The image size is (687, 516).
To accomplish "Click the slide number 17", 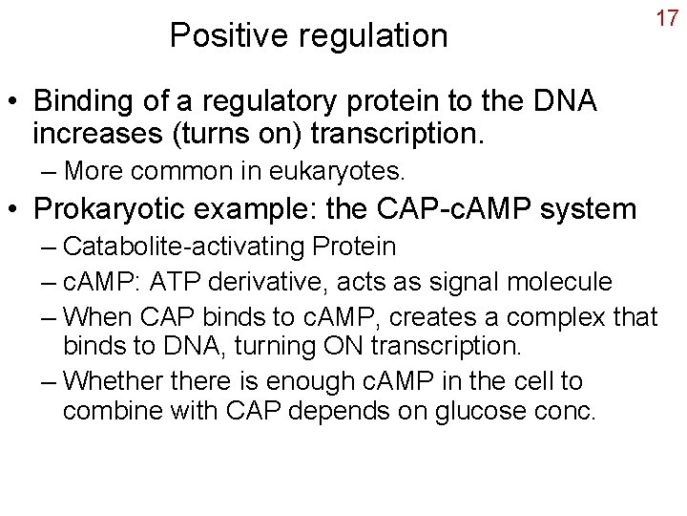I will [665, 18].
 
